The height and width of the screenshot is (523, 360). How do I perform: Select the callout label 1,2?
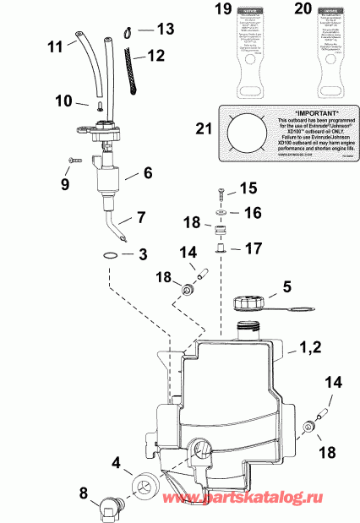310,346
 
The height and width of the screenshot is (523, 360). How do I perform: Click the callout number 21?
200,129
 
